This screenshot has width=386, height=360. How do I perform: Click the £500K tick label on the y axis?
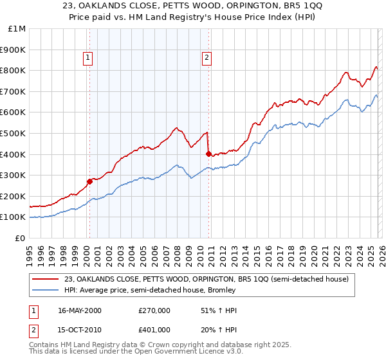(13, 133)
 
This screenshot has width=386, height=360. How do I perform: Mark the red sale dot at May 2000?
(90, 181)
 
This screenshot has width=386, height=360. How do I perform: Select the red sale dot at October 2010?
(208, 154)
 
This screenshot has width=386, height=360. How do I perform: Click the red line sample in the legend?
(46, 279)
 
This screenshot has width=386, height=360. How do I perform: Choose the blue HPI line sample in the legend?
(46, 290)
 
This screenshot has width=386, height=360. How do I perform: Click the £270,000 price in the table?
(153, 310)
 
